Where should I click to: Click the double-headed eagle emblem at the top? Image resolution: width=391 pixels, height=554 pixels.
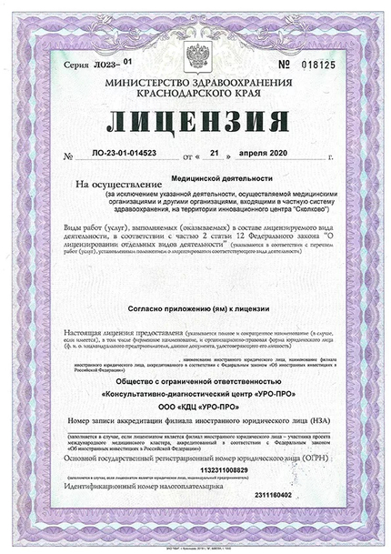[x=195, y=57]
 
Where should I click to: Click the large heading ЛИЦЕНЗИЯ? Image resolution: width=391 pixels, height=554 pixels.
[x=195, y=121]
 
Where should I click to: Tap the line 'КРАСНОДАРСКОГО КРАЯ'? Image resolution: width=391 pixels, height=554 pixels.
[x=195, y=93]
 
